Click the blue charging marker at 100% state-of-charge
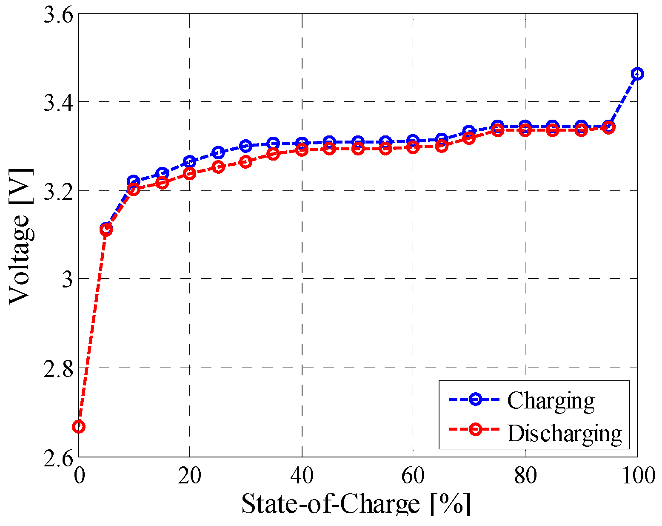pyautogui.click(x=637, y=74)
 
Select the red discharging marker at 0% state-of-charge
pyautogui.click(x=79, y=427)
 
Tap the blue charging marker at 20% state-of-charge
pyautogui.click(x=190, y=162)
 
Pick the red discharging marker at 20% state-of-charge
pyautogui.click(x=190, y=173)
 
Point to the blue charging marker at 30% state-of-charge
pyautogui.click(x=245, y=146)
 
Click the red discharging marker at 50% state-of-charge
pyautogui.click(x=358, y=149)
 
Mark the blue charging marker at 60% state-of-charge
pyautogui.click(x=413, y=140)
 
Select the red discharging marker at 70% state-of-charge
pyautogui.click(x=469, y=138)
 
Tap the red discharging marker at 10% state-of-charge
pyautogui.click(x=134, y=189)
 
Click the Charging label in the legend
pyautogui.click(x=551, y=400)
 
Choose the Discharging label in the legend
pyautogui.click(x=564, y=433)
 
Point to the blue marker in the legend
pyautogui.click(x=475, y=399)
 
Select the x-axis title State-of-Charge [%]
pyautogui.click(x=356, y=504)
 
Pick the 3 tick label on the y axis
pyautogui.click(x=67, y=279)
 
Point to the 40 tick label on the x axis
pyautogui.click(x=301, y=476)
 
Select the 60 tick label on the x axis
pyautogui.click(x=413, y=476)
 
